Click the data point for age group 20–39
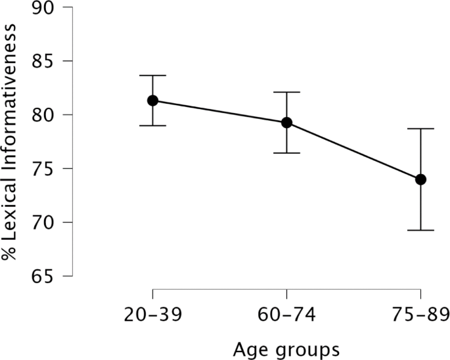(152, 101)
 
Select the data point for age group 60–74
(286, 123)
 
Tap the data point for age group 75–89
(420, 179)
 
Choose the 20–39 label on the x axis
(152, 315)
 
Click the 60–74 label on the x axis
(286, 315)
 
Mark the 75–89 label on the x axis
(420, 315)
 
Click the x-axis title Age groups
(286, 348)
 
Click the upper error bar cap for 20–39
(152, 76)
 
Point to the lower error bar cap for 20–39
(152, 125)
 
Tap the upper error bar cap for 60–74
(286, 93)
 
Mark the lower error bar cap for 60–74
(286, 153)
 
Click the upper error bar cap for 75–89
(420, 129)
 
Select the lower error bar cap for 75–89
(420, 231)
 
